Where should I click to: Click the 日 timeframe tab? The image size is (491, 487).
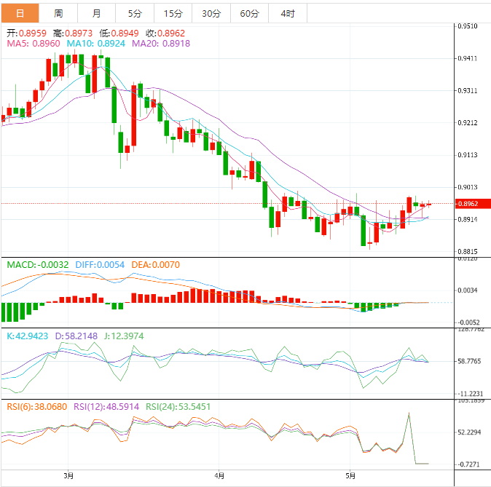click(x=19, y=14)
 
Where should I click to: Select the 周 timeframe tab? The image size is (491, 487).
click(x=58, y=14)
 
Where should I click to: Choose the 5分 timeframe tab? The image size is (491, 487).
click(x=135, y=14)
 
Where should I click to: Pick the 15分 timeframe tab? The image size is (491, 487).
click(x=173, y=14)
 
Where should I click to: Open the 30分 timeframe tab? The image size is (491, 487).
click(x=211, y=14)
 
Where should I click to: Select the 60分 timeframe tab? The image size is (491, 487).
click(x=249, y=14)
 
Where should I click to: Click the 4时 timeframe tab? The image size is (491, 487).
click(x=287, y=14)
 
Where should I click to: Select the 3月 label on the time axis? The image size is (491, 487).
click(x=68, y=476)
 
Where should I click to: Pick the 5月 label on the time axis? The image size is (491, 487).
click(x=351, y=476)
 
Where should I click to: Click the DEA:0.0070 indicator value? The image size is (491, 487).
click(x=155, y=265)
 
